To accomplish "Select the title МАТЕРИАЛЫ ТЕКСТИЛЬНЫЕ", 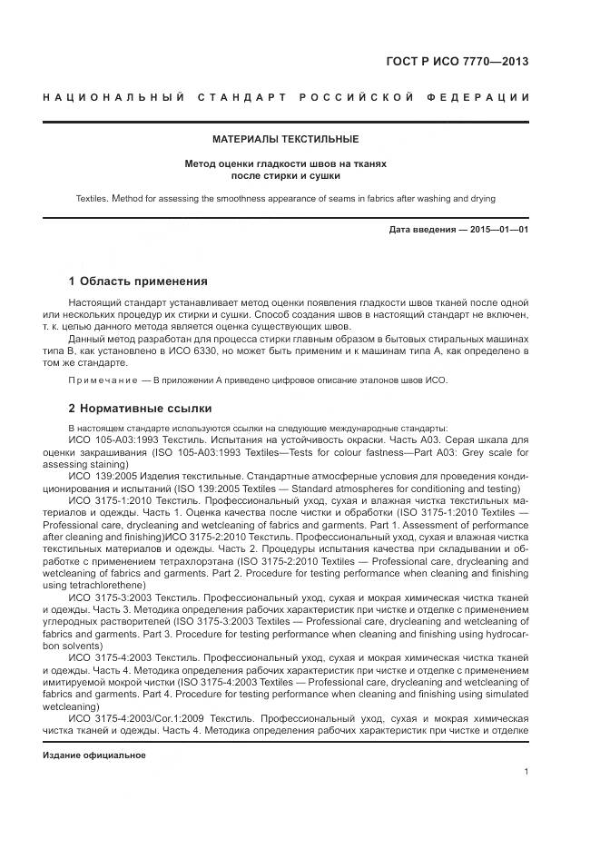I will coord(286,140).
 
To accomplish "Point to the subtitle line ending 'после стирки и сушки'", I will coord(286,175).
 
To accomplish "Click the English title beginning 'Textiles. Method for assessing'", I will coord(286,198).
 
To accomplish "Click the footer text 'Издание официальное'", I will coord(93,755).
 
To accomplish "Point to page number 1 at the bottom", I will coord(526,772).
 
